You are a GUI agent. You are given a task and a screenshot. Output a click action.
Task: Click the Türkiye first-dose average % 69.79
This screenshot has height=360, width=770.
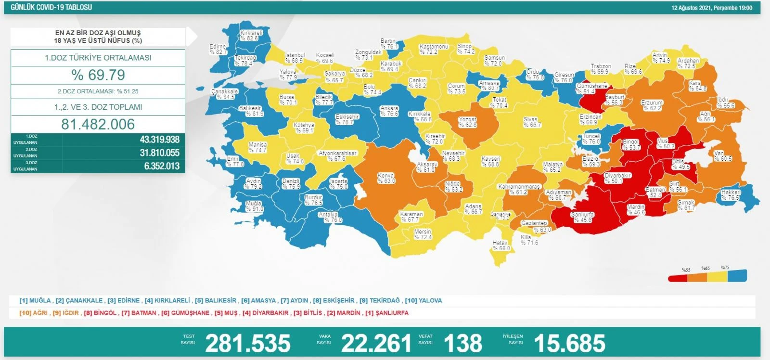(98, 75)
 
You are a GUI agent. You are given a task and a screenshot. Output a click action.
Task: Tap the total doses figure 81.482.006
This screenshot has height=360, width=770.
(98, 124)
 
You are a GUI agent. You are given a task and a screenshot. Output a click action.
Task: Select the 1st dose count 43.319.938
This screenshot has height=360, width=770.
(159, 140)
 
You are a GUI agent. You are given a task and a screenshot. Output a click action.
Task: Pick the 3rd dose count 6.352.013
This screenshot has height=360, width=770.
(162, 166)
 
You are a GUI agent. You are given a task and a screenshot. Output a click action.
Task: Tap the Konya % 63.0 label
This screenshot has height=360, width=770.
(386, 179)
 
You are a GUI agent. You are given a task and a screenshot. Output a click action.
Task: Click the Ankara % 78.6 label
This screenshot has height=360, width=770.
(389, 111)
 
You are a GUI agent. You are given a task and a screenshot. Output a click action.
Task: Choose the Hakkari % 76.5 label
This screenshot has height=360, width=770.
(731, 195)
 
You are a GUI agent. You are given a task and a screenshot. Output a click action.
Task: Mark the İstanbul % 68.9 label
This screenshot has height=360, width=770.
(295, 58)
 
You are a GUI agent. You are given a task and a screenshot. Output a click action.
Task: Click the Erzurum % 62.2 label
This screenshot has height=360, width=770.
(652, 105)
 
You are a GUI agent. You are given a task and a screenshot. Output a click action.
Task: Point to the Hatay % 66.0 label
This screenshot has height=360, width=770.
(500, 246)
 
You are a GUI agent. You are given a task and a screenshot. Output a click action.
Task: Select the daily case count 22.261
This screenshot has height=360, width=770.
(376, 343)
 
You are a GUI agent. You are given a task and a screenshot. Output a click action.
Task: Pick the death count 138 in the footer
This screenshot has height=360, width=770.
(462, 343)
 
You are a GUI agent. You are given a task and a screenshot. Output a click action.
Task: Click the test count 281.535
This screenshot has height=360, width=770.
(248, 343)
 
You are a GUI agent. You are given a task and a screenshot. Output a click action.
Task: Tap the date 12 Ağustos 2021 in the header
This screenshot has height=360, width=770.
(691, 8)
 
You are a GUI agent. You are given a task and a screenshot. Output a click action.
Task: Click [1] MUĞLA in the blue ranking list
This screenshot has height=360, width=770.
(35, 300)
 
